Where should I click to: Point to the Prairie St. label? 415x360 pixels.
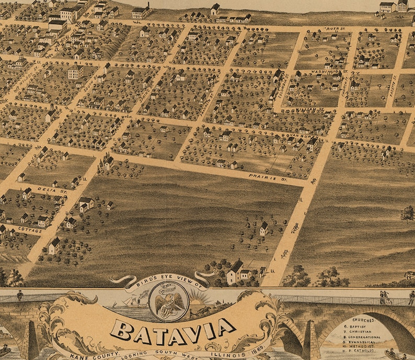261,177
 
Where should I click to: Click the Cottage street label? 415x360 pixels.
16,229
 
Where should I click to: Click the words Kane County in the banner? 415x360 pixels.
89,356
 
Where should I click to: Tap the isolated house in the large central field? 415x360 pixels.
264,228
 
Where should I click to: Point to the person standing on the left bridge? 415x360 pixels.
20,295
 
